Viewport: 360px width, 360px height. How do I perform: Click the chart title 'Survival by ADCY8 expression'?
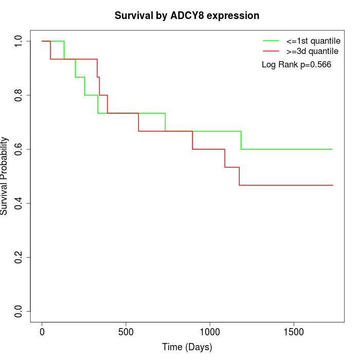187,16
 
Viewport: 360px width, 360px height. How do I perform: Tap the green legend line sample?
271,41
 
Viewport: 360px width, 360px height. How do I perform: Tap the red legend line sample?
271,51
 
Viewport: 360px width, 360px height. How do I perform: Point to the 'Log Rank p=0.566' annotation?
296,65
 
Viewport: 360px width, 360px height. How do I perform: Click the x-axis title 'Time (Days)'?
187,347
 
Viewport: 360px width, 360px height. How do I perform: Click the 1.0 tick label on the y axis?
19,41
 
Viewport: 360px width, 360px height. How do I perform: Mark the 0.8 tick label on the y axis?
19,95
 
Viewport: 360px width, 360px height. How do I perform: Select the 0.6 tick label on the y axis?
19,149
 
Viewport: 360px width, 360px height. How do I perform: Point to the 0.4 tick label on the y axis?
19,203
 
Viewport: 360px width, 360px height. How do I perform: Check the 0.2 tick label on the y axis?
19,257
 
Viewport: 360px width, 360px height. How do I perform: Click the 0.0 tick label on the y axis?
19,311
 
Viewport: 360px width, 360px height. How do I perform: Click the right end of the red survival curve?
332,185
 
